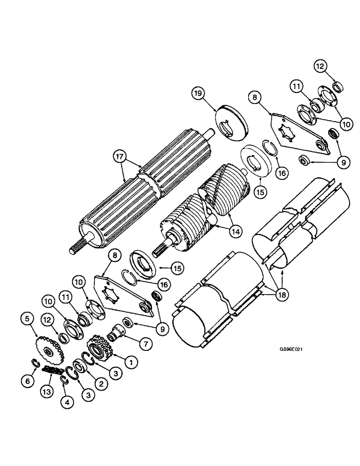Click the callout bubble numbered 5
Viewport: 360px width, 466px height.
pos(27,319)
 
